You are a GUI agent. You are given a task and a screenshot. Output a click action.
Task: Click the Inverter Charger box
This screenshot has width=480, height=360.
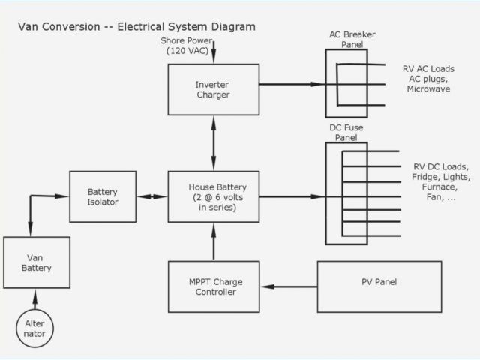point(214,90)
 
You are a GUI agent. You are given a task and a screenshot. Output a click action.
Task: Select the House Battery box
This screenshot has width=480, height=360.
point(214,196)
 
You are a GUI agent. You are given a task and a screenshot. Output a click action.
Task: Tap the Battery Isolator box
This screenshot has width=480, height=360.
point(103,196)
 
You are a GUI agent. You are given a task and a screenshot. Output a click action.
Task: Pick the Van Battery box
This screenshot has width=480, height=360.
point(37,262)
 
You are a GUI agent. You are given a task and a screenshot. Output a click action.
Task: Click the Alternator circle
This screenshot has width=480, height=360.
point(35,328)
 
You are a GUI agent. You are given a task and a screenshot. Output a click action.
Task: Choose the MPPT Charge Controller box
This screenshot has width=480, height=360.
point(214,286)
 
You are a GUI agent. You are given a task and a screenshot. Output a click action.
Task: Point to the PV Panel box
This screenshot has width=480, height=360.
point(379,286)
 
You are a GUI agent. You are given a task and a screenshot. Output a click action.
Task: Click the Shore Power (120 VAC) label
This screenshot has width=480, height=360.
point(187,46)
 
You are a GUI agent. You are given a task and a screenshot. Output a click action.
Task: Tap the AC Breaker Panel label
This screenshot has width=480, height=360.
point(352,40)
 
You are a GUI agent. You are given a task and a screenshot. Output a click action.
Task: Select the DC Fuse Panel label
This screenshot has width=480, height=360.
point(346,133)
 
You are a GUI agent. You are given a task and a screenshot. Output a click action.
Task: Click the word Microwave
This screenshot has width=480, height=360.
point(428,89)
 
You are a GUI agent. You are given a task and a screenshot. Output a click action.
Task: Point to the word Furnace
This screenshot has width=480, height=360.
point(439,187)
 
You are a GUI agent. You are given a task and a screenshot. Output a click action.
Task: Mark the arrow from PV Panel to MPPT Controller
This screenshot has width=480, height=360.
point(289,286)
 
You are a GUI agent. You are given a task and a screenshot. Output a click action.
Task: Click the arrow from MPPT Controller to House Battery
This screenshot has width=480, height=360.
point(214,241)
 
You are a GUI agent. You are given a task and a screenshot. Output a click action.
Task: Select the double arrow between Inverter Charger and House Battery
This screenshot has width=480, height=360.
point(214,143)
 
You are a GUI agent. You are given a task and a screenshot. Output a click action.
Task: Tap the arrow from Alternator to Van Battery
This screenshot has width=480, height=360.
point(35,299)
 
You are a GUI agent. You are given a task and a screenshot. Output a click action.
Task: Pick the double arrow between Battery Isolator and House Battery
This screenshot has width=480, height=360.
point(152,196)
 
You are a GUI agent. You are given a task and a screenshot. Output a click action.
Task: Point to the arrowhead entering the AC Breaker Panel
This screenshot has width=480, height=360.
point(317,84)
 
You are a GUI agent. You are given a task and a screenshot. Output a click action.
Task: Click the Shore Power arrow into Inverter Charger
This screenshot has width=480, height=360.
point(214,52)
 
